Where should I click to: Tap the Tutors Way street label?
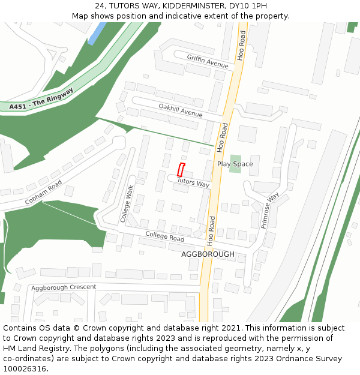[193, 182]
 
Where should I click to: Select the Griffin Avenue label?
[208, 61]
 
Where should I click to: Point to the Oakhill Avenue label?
[181, 110]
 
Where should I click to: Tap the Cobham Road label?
[43, 193]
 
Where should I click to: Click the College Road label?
[164, 237]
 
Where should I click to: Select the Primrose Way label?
[270, 210]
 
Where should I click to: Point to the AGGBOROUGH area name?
[208, 254]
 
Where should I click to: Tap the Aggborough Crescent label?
[64, 287]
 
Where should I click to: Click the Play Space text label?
[235, 164]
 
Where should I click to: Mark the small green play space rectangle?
[235, 163]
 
